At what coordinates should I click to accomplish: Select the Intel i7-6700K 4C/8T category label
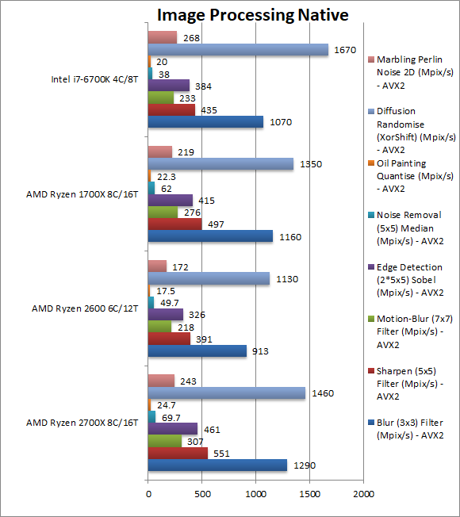pos(94,79)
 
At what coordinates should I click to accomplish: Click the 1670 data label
pos(346,50)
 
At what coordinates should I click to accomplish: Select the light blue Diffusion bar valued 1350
pos(220,164)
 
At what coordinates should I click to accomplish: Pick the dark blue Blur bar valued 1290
pos(217,465)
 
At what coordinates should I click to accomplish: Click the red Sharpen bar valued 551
pos(178,453)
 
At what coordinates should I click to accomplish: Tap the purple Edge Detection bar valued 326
pos(166,314)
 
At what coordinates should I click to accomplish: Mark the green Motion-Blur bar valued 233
pos(161,98)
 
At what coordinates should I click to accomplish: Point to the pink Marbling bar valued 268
pos(163,37)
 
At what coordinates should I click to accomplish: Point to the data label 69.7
pos(171,416)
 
